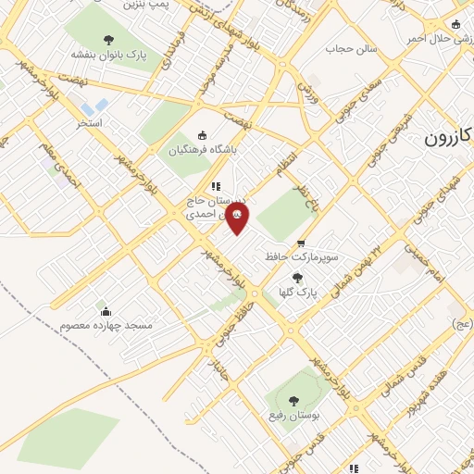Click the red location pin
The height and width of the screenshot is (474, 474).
pyautogui.click(x=237, y=218)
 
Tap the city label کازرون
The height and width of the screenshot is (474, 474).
pyautogui.click(x=449, y=138)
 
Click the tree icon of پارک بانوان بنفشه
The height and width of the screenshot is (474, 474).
pyautogui.click(x=109, y=40)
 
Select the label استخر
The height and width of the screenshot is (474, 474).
pyautogui.click(x=89, y=121)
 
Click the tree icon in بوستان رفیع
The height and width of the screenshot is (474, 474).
pyautogui.click(x=293, y=401)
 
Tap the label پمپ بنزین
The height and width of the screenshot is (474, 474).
pyautogui.click(x=149, y=6)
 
